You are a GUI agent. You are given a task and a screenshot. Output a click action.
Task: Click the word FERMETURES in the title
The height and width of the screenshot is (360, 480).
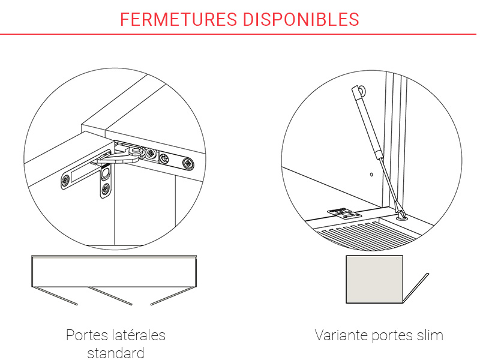(178, 19)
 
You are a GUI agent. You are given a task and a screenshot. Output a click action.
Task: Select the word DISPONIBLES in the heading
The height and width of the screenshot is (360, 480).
(301, 19)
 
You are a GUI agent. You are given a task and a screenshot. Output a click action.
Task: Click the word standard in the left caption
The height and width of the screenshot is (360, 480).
(116, 353)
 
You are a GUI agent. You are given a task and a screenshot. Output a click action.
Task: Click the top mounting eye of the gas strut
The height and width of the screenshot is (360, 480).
(362, 91)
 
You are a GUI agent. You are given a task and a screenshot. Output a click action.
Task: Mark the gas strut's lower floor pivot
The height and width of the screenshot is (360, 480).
(401, 217)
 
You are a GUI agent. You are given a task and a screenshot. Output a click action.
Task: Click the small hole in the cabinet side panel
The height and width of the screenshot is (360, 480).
(371, 175)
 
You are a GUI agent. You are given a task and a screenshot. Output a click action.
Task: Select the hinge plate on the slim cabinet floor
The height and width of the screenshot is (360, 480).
(344, 214)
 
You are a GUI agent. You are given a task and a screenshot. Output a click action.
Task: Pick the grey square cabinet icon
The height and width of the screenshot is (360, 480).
(374, 279)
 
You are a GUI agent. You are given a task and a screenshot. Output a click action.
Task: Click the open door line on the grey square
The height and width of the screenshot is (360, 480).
(416, 288)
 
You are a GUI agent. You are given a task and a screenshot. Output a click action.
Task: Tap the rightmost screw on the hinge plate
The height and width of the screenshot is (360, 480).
(188, 164)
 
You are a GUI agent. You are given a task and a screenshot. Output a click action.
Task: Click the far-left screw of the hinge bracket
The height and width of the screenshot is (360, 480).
(65, 181)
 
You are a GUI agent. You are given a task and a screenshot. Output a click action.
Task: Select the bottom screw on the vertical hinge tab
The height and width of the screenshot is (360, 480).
(106, 189)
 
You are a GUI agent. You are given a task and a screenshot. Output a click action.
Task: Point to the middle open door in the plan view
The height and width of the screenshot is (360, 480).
(110, 296)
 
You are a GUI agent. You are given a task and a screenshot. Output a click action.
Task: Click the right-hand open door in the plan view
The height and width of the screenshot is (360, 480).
(173, 296)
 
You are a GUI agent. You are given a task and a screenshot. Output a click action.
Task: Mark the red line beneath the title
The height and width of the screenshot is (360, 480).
(238, 34)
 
